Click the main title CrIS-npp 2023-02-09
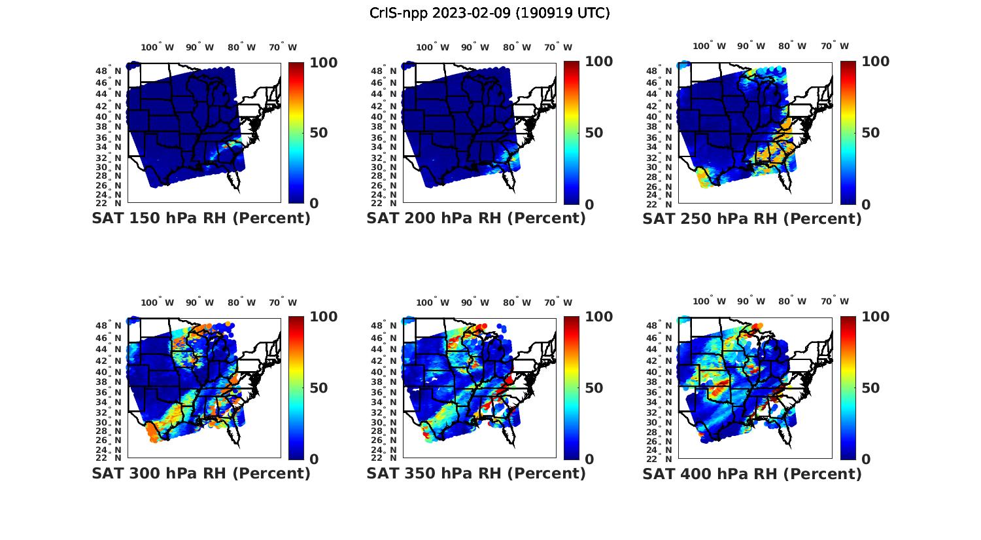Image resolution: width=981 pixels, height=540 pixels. (489, 13)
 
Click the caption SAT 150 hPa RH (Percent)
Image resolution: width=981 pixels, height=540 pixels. (201, 219)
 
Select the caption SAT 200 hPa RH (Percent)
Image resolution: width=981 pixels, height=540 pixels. (476, 219)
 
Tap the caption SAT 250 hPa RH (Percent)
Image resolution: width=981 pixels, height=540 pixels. (752, 219)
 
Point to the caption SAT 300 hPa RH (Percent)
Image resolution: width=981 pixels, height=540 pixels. (201, 473)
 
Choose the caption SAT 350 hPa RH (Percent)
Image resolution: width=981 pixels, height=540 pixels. (476, 473)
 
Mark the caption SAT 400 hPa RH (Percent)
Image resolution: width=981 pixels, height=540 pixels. (752, 473)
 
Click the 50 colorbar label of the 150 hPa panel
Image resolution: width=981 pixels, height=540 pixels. (318, 133)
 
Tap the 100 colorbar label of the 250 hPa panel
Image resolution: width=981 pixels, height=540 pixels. (876, 62)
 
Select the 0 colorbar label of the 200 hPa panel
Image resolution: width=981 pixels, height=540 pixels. (589, 204)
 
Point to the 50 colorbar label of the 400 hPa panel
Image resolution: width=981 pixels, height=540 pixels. (870, 388)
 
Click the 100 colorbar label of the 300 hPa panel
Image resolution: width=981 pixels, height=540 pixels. (323, 317)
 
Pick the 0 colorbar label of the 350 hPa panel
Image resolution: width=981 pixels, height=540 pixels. (589, 459)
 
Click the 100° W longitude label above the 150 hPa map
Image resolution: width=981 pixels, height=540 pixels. (158, 47)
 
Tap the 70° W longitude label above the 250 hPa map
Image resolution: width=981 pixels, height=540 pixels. (835, 46)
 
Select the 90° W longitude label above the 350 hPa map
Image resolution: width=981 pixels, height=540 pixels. (475, 302)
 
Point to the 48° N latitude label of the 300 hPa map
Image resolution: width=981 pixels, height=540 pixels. (114, 326)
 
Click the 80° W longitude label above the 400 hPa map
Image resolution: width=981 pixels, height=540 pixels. (792, 301)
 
